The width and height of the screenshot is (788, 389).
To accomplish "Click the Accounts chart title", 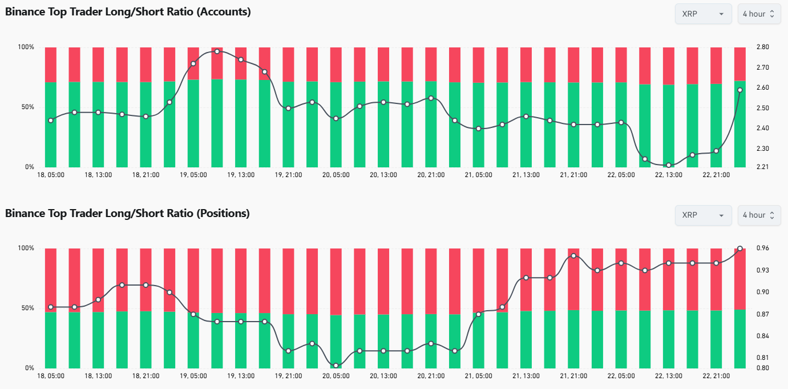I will coord(128,11).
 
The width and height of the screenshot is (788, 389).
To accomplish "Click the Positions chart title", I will coord(127,213).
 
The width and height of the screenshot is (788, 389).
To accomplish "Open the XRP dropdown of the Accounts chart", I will coord(703,14).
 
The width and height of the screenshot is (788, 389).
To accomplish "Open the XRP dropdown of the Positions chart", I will coord(703,215).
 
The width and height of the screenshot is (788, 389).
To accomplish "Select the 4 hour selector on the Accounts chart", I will coord(759,14).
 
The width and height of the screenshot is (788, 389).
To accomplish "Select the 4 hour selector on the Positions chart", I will coord(759,215).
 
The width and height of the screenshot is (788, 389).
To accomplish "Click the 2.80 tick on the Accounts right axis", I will coord(762,47).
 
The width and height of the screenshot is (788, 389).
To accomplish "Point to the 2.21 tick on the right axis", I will coord(762,167).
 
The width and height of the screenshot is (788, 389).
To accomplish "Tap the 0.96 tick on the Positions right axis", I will coord(762,248).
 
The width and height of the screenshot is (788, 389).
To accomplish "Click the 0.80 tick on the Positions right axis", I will coord(762,368).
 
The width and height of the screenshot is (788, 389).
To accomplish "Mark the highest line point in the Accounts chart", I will coord(217,51).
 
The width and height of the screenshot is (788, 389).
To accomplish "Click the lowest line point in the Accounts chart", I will coord(668,165).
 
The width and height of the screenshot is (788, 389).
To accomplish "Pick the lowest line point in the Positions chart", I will coord(336,366).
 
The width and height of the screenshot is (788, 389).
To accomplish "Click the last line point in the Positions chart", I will coord(739,248).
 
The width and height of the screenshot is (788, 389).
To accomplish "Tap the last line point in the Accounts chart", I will coord(739,90).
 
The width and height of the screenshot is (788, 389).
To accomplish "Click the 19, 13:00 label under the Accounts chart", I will coord(240,175).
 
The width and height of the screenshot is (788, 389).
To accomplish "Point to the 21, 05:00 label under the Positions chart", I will coord(478,376).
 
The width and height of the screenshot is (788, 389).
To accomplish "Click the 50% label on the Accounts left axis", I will coord(27,107).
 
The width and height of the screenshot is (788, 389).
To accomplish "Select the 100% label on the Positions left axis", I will coord(26,248).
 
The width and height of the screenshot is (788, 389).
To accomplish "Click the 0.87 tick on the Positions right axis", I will coord(762,314).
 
